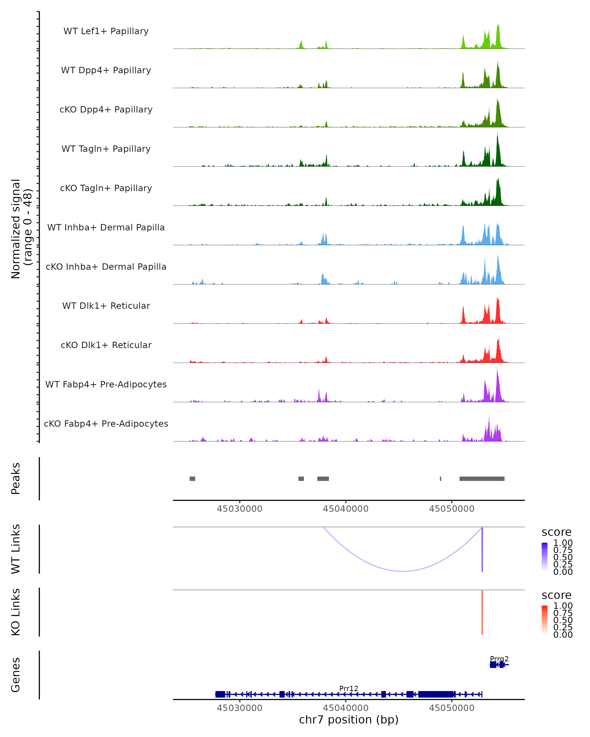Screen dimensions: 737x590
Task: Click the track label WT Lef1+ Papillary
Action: coord(106,31)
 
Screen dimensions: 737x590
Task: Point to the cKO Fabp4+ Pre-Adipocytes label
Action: coord(106,424)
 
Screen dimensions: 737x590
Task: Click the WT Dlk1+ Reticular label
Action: coord(106,306)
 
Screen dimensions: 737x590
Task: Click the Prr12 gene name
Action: coord(349,688)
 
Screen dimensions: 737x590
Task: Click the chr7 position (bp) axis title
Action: coord(349,720)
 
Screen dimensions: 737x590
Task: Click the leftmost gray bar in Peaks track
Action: coord(192,479)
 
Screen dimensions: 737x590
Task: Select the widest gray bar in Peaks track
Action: coord(482,479)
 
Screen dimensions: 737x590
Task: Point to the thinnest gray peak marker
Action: coord(441,479)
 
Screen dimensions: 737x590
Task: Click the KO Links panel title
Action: coord(16,612)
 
